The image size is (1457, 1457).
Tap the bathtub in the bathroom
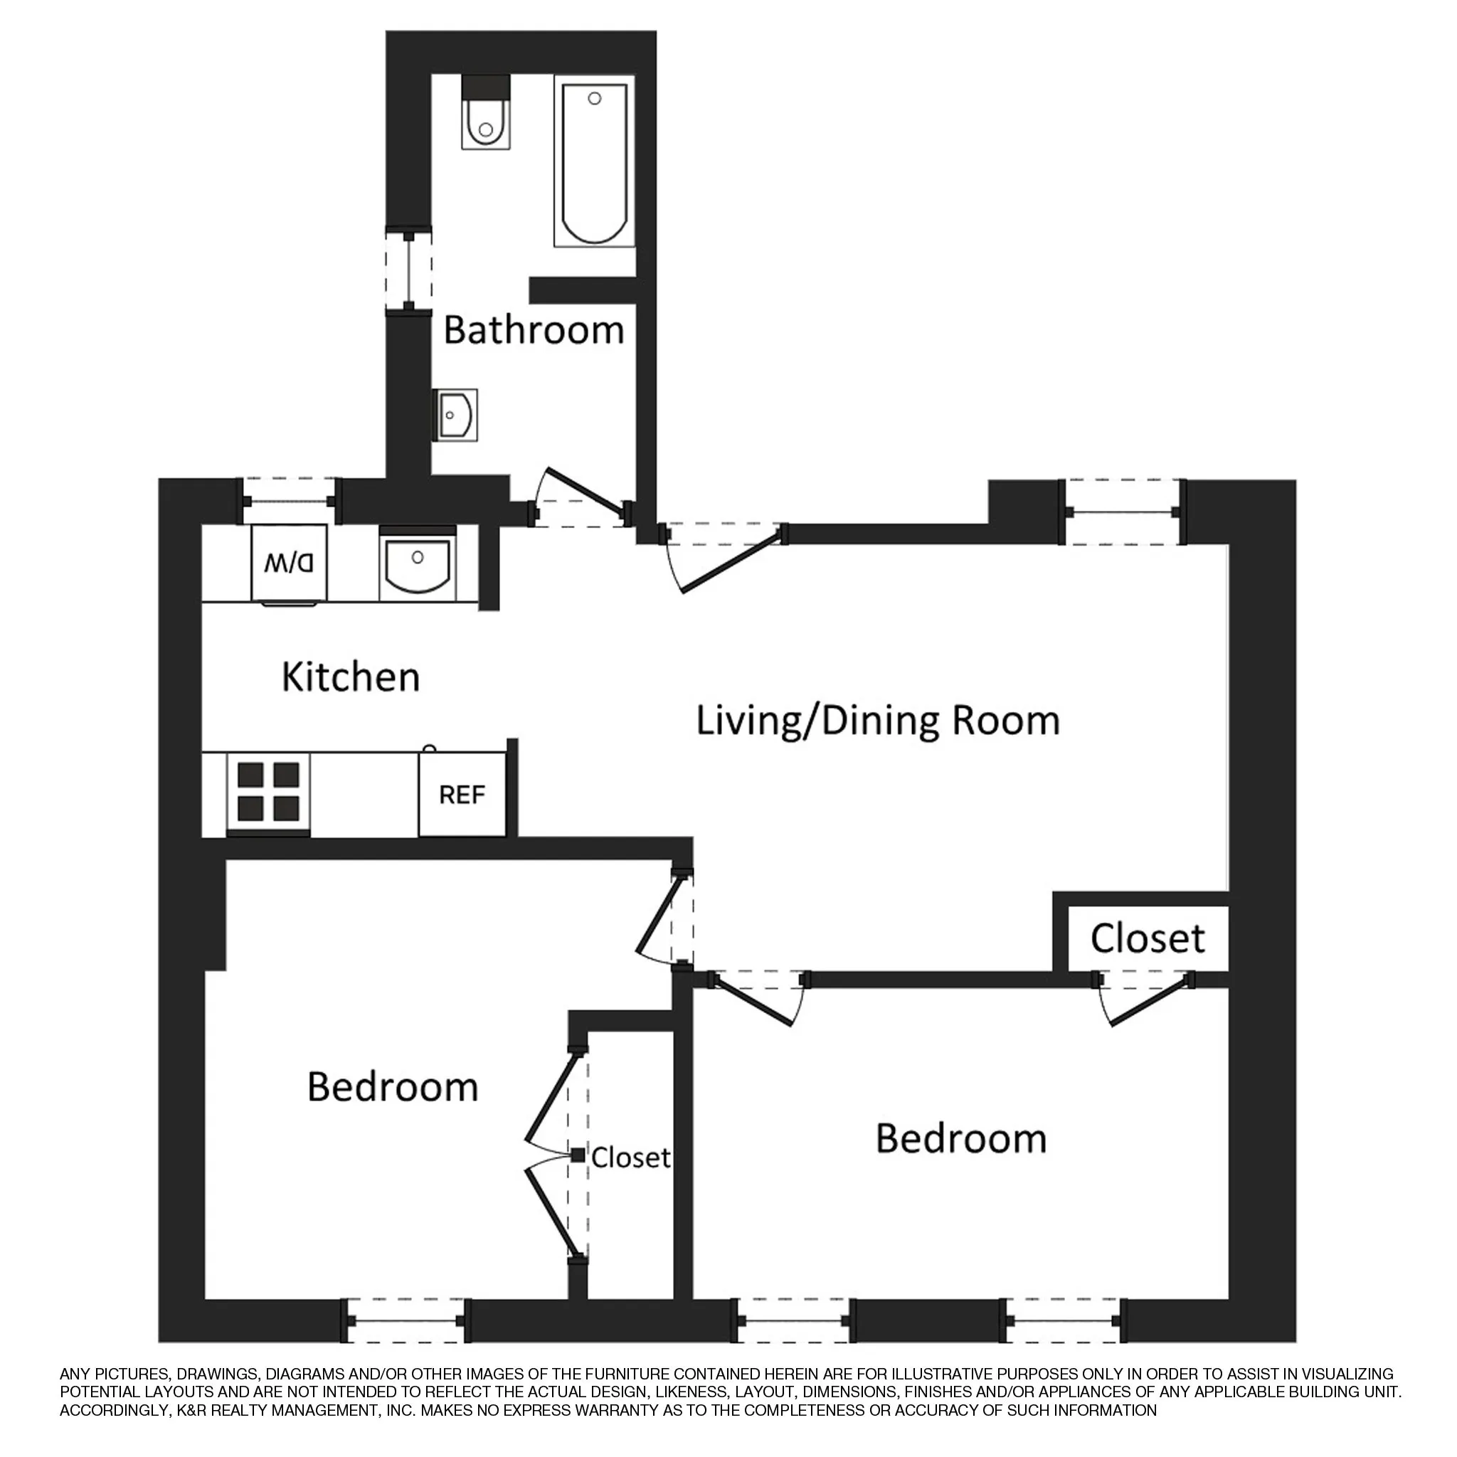coord(594,165)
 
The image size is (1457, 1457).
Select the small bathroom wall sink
coord(455,415)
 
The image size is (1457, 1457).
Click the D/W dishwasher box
coord(290,563)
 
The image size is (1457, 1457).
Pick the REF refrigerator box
coord(462,795)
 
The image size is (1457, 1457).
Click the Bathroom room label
coord(533,331)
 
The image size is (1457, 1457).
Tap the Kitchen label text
coord(351,677)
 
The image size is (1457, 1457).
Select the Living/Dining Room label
coord(877,720)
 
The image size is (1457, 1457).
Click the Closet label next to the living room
coord(1147,938)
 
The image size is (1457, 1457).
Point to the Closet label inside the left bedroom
coord(630,1157)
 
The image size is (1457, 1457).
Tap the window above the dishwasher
coord(289,501)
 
